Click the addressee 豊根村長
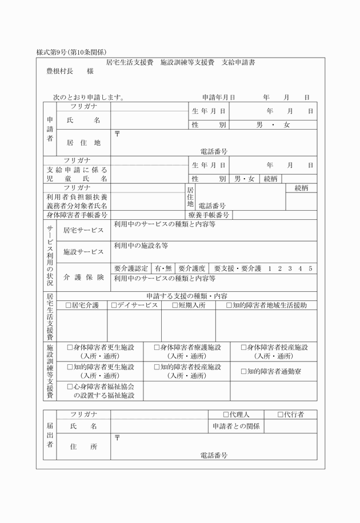pos(60,71)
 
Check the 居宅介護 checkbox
pos(69,305)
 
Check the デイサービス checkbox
pos(114,305)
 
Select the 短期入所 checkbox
pos(175,305)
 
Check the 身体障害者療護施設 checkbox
pos(157,347)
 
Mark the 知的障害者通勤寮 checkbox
pos(243,372)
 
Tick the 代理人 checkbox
pos(226,415)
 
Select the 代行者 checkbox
pos(280,415)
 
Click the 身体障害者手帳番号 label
pos(77,215)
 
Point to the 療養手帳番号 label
pos(209,215)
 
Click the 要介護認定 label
pos(131,268)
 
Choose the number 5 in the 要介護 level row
pos(310,268)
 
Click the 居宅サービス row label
pos(83,230)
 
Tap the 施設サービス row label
pos(83,252)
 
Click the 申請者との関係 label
pos(235,427)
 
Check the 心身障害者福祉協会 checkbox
pos(70,386)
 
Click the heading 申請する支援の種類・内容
pos(186,296)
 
